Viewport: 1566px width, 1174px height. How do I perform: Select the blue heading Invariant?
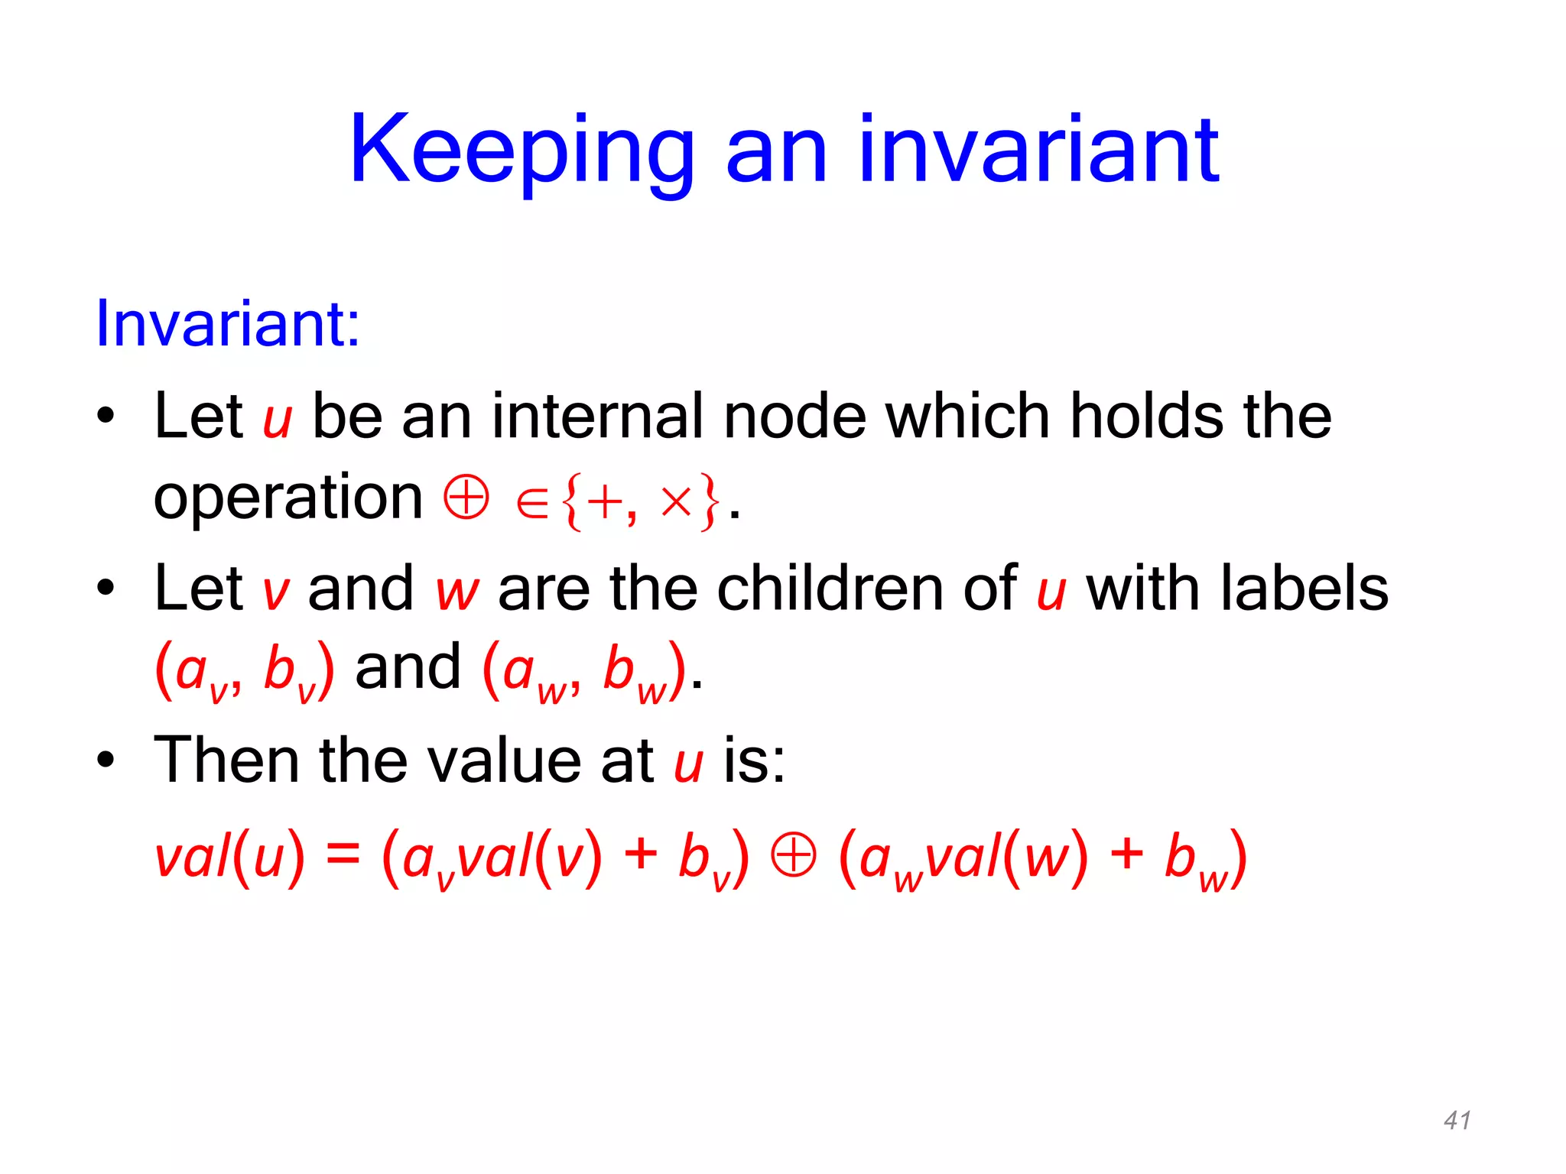[227, 324]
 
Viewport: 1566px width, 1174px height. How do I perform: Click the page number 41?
[1457, 1120]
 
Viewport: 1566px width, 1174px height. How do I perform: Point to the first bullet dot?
[106, 417]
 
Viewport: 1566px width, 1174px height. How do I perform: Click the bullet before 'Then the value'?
[106, 761]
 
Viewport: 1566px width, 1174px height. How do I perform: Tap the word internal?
[596, 417]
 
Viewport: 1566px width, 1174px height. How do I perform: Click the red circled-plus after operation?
[466, 498]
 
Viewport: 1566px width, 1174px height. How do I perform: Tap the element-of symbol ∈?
[532, 504]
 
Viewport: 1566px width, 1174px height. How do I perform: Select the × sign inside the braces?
[676, 502]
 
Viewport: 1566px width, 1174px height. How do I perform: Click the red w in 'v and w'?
[456, 593]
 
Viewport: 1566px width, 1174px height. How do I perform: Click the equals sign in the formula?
[343, 854]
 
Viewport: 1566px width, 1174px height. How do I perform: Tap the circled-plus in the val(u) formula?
[793, 855]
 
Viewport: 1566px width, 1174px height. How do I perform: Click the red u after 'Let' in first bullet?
[277, 421]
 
